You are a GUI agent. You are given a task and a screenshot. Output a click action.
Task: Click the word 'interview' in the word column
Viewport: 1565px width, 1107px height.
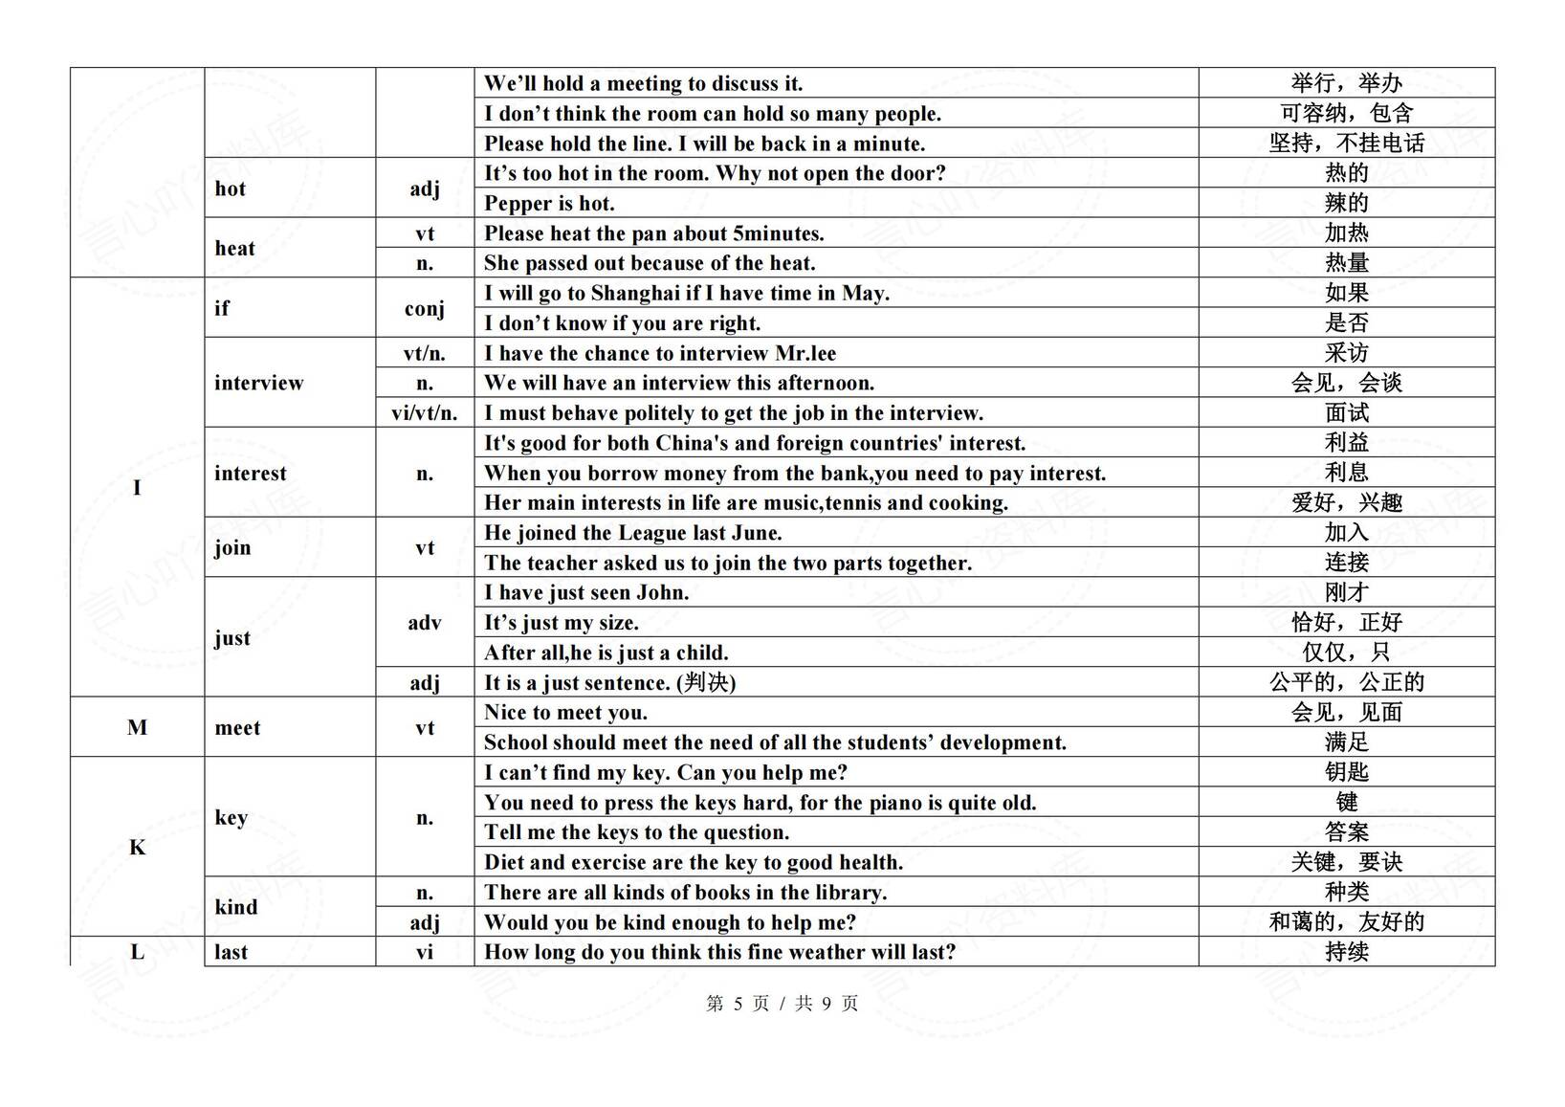pyautogui.click(x=258, y=383)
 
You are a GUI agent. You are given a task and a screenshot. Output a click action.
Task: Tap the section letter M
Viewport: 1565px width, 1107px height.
pyautogui.click(x=137, y=727)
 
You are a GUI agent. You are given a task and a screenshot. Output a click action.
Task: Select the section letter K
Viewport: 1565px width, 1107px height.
pyautogui.click(x=137, y=848)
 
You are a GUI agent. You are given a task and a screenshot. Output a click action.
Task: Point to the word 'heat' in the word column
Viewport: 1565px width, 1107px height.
pyautogui.click(x=234, y=249)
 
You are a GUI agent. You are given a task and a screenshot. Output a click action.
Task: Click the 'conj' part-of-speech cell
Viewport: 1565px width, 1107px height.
pyautogui.click(x=424, y=308)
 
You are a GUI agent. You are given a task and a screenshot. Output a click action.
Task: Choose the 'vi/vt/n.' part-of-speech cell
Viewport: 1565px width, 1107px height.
pyautogui.click(x=424, y=413)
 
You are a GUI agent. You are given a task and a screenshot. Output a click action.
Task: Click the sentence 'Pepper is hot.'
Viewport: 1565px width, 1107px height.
pyautogui.click(x=549, y=203)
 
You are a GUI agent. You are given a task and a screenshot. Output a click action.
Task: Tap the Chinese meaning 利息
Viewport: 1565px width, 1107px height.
pyautogui.click(x=1346, y=473)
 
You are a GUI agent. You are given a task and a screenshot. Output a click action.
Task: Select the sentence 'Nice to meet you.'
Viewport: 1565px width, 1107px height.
pyautogui.click(x=565, y=713)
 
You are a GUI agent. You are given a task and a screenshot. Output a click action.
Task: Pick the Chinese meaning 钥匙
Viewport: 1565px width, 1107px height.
pyautogui.click(x=1346, y=772)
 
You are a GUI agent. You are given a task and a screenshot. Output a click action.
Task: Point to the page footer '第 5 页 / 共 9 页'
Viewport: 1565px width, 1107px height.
pyautogui.click(x=782, y=1004)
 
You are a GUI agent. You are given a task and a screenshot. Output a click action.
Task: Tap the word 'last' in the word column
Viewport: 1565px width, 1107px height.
pyautogui.click(x=231, y=952)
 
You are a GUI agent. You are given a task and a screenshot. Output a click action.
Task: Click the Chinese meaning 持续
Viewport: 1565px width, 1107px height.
pyautogui.click(x=1346, y=952)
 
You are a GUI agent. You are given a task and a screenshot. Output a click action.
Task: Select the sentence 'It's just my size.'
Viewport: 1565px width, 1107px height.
pyautogui.click(x=561, y=623)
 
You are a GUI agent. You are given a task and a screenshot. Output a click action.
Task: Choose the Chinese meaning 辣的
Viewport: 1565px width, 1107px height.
pyautogui.click(x=1346, y=203)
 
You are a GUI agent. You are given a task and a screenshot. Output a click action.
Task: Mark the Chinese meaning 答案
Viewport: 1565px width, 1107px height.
pyautogui.click(x=1346, y=832)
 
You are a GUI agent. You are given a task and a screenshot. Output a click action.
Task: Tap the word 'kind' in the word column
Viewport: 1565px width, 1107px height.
pyautogui.click(x=235, y=907)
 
